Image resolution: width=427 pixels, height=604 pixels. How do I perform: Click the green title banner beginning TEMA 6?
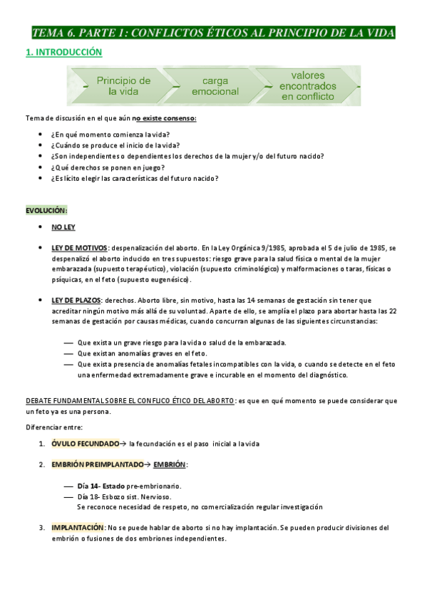(x=213, y=33)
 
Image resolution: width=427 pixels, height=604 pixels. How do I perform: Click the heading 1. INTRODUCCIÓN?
(x=63, y=53)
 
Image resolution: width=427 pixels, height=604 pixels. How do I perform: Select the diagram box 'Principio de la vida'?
(x=123, y=86)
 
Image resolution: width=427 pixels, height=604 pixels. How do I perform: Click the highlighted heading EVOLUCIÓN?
(x=46, y=210)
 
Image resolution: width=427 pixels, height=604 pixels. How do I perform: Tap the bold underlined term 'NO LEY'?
(x=63, y=227)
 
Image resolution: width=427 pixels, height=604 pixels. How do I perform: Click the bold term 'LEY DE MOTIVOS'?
(x=79, y=246)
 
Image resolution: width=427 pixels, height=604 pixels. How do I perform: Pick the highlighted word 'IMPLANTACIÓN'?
(x=78, y=528)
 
